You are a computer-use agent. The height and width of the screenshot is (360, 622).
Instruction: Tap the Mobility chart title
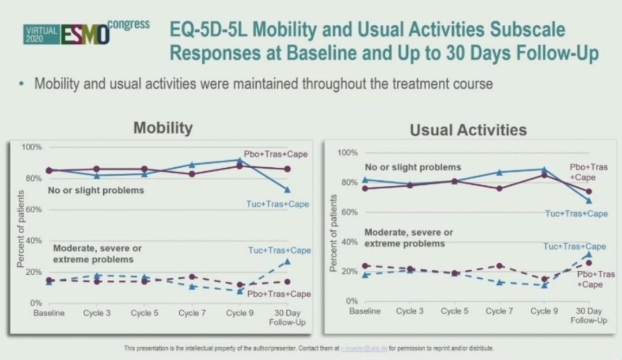(162, 127)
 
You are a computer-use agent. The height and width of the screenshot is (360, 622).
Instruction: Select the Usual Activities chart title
(468, 130)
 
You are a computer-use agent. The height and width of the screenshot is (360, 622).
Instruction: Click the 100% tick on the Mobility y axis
(32, 147)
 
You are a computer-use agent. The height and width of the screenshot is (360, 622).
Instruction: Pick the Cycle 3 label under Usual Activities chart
(410, 311)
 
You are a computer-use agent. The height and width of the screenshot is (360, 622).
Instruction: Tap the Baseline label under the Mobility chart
(49, 313)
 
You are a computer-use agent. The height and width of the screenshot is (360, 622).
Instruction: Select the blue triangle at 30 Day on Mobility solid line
(287, 190)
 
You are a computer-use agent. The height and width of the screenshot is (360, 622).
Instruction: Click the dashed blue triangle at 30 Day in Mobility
(287, 262)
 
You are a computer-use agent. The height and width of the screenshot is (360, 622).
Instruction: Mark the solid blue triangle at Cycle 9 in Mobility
(240, 160)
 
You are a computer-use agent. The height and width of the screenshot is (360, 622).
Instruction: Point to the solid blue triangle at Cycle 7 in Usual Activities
(500, 172)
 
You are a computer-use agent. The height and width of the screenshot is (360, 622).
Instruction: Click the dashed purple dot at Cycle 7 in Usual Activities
(500, 266)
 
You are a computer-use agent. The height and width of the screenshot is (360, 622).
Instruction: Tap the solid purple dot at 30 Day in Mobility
(287, 169)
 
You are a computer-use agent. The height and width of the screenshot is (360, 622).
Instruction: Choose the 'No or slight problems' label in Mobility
(96, 190)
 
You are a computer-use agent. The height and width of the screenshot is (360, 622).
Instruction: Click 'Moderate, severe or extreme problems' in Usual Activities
(408, 238)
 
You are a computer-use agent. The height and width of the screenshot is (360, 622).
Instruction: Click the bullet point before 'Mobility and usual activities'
(21, 84)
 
